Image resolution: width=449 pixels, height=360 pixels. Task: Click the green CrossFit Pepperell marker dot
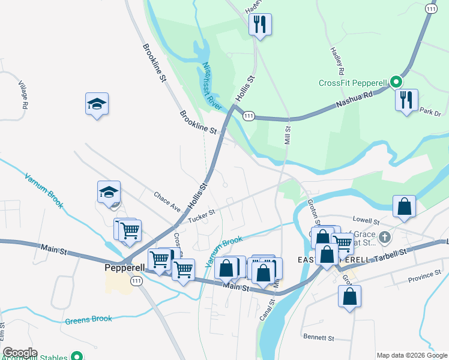tap(395, 82)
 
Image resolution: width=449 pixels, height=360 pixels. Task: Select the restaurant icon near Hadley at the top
tap(260, 25)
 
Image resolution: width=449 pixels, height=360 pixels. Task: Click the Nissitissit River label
tap(212, 85)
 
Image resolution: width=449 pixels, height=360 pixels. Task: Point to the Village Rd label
tap(23, 94)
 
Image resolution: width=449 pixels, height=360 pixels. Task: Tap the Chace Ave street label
tap(167, 202)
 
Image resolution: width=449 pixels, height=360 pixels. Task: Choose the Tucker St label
tap(201, 218)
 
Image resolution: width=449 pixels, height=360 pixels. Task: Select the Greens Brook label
tap(88, 319)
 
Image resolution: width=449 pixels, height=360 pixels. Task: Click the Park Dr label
tap(430, 112)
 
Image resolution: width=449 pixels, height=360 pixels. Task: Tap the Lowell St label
tap(367, 221)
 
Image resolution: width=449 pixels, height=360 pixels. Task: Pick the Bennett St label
tap(318, 338)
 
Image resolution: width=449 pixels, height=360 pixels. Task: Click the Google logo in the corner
tap(20, 353)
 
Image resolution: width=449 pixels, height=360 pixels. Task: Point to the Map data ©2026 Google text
tap(411, 355)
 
